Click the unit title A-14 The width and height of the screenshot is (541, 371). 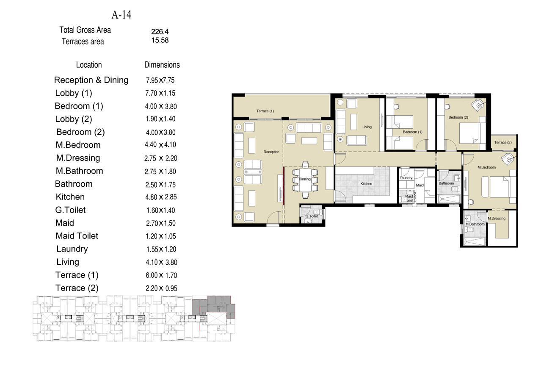coord(121,15)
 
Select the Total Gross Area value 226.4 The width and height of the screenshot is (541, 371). coord(160,32)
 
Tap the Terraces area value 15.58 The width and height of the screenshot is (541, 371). coord(160,40)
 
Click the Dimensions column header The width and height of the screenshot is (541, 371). coord(162,65)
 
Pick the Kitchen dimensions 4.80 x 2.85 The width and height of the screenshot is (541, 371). coord(161,197)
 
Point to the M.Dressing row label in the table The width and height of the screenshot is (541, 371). coord(78,158)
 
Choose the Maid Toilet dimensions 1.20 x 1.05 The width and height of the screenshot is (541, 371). coord(160,236)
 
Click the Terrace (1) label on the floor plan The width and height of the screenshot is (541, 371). coord(265,111)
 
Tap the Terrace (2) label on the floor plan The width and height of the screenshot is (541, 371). coord(503,142)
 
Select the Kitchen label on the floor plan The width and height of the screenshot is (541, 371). coord(366,184)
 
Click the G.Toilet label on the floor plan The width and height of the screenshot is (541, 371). coord(312,216)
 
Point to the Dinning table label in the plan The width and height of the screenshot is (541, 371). coord(304,179)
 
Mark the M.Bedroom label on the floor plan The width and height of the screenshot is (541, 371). coord(486,167)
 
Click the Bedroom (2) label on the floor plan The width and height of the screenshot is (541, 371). coord(458,117)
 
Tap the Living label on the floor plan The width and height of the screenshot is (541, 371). coord(367,127)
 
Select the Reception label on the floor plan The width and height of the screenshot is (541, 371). coord(271,152)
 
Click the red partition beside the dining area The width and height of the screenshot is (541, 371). coord(284,185)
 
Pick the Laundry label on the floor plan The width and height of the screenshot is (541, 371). coord(406,178)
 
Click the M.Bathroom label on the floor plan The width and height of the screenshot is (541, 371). coord(475,224)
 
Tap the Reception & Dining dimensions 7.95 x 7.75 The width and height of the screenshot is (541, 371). coord(160,80)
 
